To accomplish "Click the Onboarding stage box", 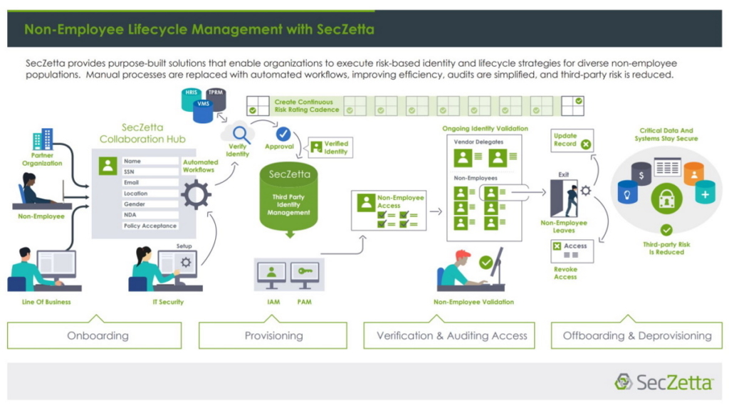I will [98, 335].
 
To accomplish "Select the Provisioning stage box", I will [273, 335].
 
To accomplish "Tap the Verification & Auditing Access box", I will [451, 335].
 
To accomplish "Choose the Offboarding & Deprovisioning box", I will [636, 335].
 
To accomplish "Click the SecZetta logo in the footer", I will [664, 382].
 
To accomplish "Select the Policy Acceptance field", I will [150, 226].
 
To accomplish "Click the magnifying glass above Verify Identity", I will [240, 132].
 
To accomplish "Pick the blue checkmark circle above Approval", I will [283, 134].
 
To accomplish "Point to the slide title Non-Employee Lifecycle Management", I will [199, 29].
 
